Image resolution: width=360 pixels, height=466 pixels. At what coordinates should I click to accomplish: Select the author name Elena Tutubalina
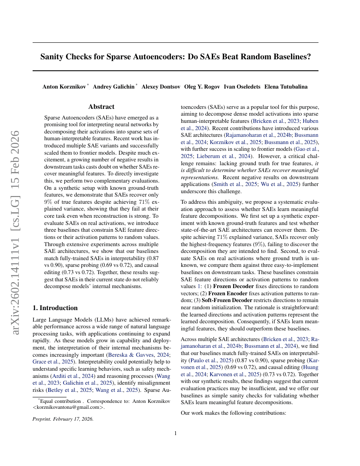click(286, 87)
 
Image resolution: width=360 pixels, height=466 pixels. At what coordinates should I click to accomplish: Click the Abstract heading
click(101, 107)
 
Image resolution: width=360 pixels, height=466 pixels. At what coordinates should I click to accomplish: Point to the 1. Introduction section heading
click(55, 308)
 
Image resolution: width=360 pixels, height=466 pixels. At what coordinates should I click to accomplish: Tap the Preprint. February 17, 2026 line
click(63, 419)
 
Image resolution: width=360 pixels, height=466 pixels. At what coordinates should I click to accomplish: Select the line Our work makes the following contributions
click(233, 412)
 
